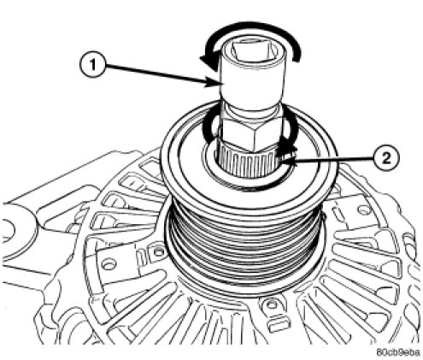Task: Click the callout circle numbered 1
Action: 92,65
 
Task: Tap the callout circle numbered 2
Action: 386,158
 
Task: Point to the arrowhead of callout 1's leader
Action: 212,83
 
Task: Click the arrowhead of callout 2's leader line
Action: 281,162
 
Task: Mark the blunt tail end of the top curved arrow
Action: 297,56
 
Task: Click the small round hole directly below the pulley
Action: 272,304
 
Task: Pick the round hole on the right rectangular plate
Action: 364,210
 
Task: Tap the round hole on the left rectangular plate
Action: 109,264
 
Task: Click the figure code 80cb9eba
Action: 398,352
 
